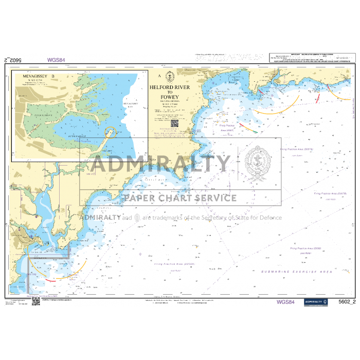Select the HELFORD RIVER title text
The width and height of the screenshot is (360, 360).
click(x=170, y=87)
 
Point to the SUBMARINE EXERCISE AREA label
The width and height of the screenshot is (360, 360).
click(x=296, y=271)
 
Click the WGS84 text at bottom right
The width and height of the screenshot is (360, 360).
click(x=286, y=302)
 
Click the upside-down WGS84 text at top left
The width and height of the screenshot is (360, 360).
click(x=56, y=60)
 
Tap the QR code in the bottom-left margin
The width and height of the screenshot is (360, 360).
click(x=36, y=301)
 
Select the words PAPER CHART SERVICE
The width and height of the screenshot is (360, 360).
click(x=179, y=198)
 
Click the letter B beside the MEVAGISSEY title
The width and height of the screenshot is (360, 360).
click(x=52, y=76)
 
